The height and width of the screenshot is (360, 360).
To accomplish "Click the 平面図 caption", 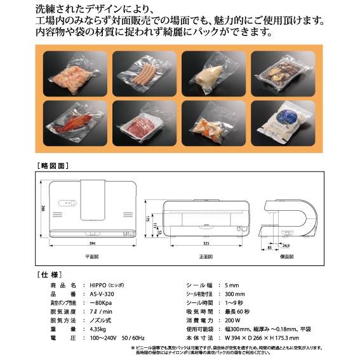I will click(93, 256).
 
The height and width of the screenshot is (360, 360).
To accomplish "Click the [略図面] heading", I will click(53, 166).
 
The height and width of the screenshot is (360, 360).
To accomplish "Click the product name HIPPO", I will click(97, 285).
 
